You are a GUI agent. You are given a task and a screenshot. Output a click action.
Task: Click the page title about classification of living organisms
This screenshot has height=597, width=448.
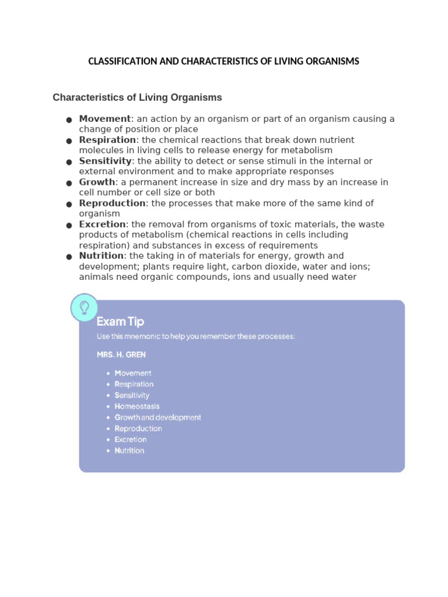point(223,61)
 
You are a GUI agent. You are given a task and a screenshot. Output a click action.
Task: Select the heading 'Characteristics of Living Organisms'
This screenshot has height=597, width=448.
point(137,97)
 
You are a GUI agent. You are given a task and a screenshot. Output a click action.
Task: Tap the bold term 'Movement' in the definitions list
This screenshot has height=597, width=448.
point(105,119)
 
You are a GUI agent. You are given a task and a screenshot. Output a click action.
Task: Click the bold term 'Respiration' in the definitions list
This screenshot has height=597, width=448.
point(107,140)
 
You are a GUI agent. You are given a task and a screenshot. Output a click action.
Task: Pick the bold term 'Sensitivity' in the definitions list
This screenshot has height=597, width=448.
point(106,161)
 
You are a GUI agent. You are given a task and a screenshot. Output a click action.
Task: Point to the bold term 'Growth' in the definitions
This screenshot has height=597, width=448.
point(97,182)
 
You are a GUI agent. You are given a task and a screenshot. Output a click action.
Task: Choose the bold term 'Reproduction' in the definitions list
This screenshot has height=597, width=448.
point(113,203)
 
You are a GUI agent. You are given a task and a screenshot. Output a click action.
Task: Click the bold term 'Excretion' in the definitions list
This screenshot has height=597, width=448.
point(103,224)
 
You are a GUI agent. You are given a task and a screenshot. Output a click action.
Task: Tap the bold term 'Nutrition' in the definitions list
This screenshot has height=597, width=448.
point(101,256)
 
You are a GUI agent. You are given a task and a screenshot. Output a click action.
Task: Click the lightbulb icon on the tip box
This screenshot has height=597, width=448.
point(84,307)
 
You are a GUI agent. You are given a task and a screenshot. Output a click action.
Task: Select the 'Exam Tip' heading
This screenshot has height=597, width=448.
point(120,321)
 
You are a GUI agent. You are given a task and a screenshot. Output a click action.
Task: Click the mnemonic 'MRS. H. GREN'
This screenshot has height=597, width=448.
point(121,354)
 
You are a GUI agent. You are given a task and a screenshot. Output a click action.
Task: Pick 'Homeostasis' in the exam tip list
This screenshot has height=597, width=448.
point(137,406)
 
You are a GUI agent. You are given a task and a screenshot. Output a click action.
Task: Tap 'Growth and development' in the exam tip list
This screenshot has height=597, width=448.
point(158,417)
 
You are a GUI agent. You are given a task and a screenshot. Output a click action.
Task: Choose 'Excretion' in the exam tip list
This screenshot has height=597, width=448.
point(131,440)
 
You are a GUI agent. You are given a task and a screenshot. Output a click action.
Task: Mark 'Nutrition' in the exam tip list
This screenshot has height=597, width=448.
point(129,451)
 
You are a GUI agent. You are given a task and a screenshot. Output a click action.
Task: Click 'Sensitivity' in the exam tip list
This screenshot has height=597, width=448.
point(132,395)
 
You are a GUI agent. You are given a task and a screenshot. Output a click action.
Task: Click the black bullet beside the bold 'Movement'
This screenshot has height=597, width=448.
point(69,120)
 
